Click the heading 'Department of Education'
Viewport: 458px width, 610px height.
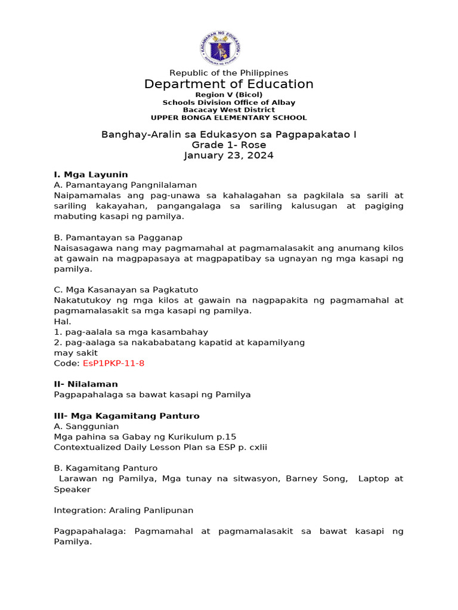pyautogui.click(x=228, y=84)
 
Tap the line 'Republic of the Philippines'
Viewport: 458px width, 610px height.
pyautogui.click(x=229, y=73)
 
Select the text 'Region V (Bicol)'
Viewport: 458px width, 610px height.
pyautogui.click(x=229, y=95)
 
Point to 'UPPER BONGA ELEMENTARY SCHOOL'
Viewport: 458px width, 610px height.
pyautogui.click(x=229, y=118)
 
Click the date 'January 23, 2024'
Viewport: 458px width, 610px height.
pyautogui.click(x=229, y=155)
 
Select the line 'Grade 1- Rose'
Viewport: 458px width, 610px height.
pyautogui.click(x=229, y=145)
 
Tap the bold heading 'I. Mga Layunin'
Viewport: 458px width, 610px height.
pyautogui.click(x=91, y=175)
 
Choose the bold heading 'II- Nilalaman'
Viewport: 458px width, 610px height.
pyautogui.click(x=86, y=384)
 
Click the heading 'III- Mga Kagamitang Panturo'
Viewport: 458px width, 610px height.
pyautogui.click(x=126, y=416)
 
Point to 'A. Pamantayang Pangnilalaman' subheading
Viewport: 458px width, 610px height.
pyautogui.click(x=125, y=185)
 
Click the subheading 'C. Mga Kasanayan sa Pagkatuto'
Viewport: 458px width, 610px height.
pyautogui.click(x=126, y=290)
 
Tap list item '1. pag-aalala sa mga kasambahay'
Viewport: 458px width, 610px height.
pyautogui.click(x=131, y=332)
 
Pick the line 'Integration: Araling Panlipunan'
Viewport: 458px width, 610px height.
pyautogui.click(x=123, y=510)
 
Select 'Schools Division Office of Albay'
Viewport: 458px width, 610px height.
pyautogui.click(x=229, y=102)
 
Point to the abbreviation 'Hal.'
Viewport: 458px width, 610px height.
pyautogui.click(x=62, y=321)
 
